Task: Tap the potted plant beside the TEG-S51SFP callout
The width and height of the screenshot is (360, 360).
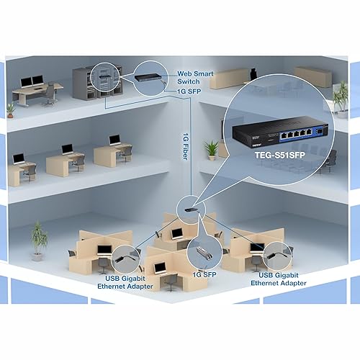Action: (211, 149)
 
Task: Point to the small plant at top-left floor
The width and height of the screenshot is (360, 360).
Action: (10, 109)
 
